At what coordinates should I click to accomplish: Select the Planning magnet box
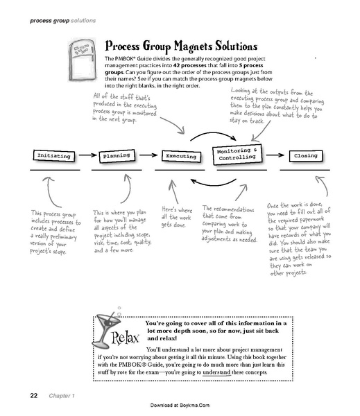[117, 156]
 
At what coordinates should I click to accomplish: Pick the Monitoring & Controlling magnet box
[237, 154]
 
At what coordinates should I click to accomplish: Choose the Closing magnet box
[306, 156]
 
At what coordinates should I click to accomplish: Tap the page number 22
[33, 396]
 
